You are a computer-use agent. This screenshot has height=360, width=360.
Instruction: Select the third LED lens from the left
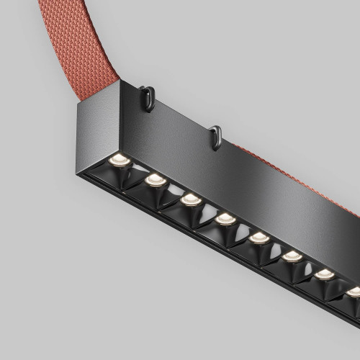(x=190, y=199)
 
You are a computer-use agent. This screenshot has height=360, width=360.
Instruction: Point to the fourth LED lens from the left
(x=225, y=218)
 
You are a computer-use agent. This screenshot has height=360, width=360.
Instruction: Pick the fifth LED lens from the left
(x=259, y=237)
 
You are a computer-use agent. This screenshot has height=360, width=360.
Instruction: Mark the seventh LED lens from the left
(x=325, y=274)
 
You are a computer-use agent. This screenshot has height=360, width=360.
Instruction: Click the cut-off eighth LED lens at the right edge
(x=354, y=291)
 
